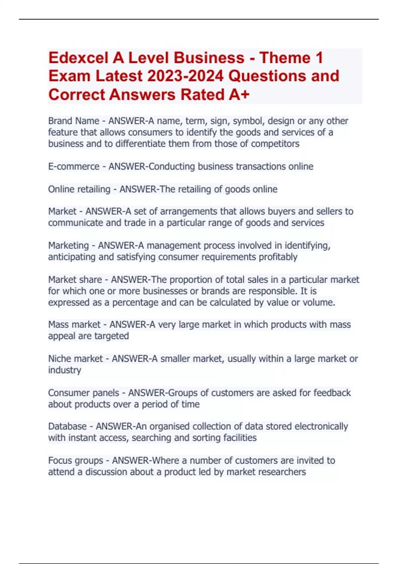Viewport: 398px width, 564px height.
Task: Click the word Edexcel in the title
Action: coord(78,58)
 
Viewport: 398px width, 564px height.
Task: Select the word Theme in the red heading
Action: coord(285,58)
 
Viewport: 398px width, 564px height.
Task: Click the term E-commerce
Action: coord(74,166)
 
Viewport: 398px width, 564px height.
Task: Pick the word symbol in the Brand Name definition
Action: coord(247,121)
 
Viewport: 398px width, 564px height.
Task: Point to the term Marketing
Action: coord(68,246)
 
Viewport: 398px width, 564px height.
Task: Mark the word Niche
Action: coord(59,359)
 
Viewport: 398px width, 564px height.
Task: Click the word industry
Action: coord(64,370)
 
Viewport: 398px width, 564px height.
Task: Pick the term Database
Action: coord(67,426)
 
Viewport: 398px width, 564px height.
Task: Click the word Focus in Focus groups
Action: coord(60,460)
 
